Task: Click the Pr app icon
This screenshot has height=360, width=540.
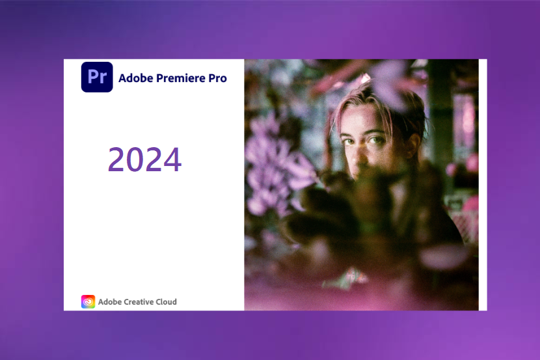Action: pyautogui.click(x=97, y=77)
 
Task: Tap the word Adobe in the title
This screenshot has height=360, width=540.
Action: pyautogui.click(x=136, y=78)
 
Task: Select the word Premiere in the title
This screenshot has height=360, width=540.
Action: pyautogui.click(x=181, y=78)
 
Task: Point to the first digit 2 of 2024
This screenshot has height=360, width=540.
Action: pyautogui.click(x=116, y=159)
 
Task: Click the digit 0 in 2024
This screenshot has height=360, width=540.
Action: pyautogui.click(x=135, y=159)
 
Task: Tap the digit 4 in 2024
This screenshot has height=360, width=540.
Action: pyautogui.click(x=172, y=159)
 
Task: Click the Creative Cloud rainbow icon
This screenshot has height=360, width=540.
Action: pyautogui.click(x=88, y=302)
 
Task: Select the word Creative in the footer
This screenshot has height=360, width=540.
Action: pyautogui.click(x=138, y=302)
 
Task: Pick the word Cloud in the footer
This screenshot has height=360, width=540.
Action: pyautogui.click(x=166, y=302)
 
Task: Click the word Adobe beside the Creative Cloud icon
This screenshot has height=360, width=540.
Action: pyautogui.click(x=110, y=302)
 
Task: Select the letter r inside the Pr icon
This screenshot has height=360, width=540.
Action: pyautogui.click(x=103, y=79)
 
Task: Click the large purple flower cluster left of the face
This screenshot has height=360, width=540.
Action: pyautogui.click(x=275, y=162)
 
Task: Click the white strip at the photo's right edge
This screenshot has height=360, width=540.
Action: pyautogui.click(x=483, y=185)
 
